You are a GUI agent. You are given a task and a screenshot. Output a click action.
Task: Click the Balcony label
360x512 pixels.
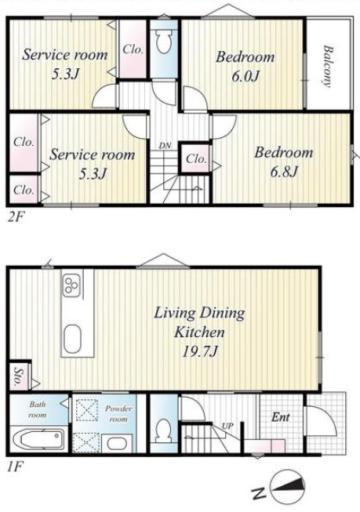pos(329,67)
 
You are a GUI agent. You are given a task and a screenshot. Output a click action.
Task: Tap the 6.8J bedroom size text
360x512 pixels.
pos(284,172)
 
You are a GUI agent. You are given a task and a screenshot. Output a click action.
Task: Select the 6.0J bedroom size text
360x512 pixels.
pos(245,76)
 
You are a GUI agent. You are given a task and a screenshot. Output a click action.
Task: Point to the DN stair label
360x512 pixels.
pos(165,146)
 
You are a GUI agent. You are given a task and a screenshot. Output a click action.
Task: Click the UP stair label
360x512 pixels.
pos(227,426)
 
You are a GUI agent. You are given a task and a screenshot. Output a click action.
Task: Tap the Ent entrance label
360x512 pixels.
pos(281,417)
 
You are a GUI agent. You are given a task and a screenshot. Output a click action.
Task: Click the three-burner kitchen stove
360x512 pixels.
pos(71,285)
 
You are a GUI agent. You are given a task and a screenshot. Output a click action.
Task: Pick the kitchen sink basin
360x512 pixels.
pos(72,339)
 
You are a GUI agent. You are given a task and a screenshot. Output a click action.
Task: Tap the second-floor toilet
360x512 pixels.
pos(164,42)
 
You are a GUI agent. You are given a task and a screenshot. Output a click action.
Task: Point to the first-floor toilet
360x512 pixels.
pos(163,430)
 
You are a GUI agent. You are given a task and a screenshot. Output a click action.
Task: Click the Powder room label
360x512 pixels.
pos(118,413)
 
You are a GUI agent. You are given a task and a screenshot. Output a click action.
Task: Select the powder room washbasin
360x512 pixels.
pos(117,444)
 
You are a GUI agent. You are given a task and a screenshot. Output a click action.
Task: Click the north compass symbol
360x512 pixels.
pos(288,487)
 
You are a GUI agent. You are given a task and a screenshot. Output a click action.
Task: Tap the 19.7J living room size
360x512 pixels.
pos(199,352)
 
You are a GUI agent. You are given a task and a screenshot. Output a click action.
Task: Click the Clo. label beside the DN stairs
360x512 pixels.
pos(196,158)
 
